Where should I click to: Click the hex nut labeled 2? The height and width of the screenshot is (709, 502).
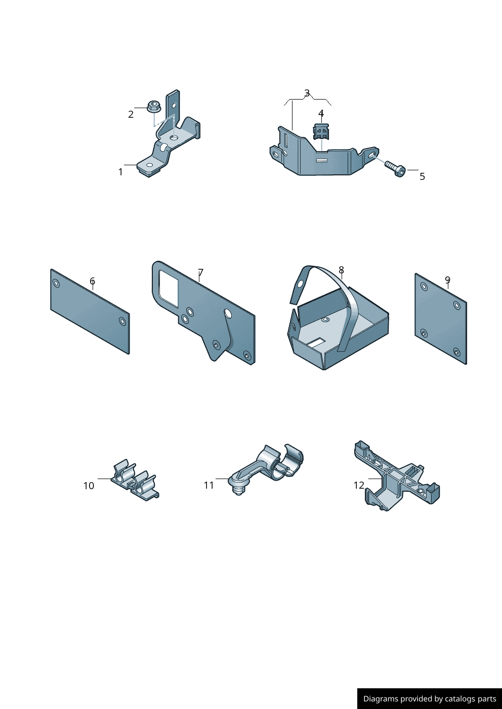tap(154, 106)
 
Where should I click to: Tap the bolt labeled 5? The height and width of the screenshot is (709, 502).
tap(395, 168)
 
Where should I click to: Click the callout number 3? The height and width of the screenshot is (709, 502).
tap(307, 93)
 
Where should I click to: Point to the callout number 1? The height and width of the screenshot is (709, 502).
tap(120, 172)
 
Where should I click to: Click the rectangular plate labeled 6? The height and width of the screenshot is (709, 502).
tap(90, 311)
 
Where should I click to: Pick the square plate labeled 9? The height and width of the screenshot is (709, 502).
tap(441, 318)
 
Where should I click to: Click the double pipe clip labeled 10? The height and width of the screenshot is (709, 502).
tap(135, 481)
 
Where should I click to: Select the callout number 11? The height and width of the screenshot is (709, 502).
tap(209, 485)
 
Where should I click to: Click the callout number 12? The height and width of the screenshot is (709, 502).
tap(359, 485)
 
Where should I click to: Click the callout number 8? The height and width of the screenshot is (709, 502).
tap(341, 270)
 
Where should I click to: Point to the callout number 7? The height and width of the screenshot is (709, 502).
tap(200, 272)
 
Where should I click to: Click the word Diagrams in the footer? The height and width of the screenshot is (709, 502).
tap(377, 698)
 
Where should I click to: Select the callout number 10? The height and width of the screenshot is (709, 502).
tap(89, 486)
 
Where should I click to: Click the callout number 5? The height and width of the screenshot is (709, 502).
tap(422, 176)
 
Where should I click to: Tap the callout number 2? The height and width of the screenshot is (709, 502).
tap(131, 114)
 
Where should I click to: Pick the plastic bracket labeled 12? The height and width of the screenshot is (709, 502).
tap(396, 478)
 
